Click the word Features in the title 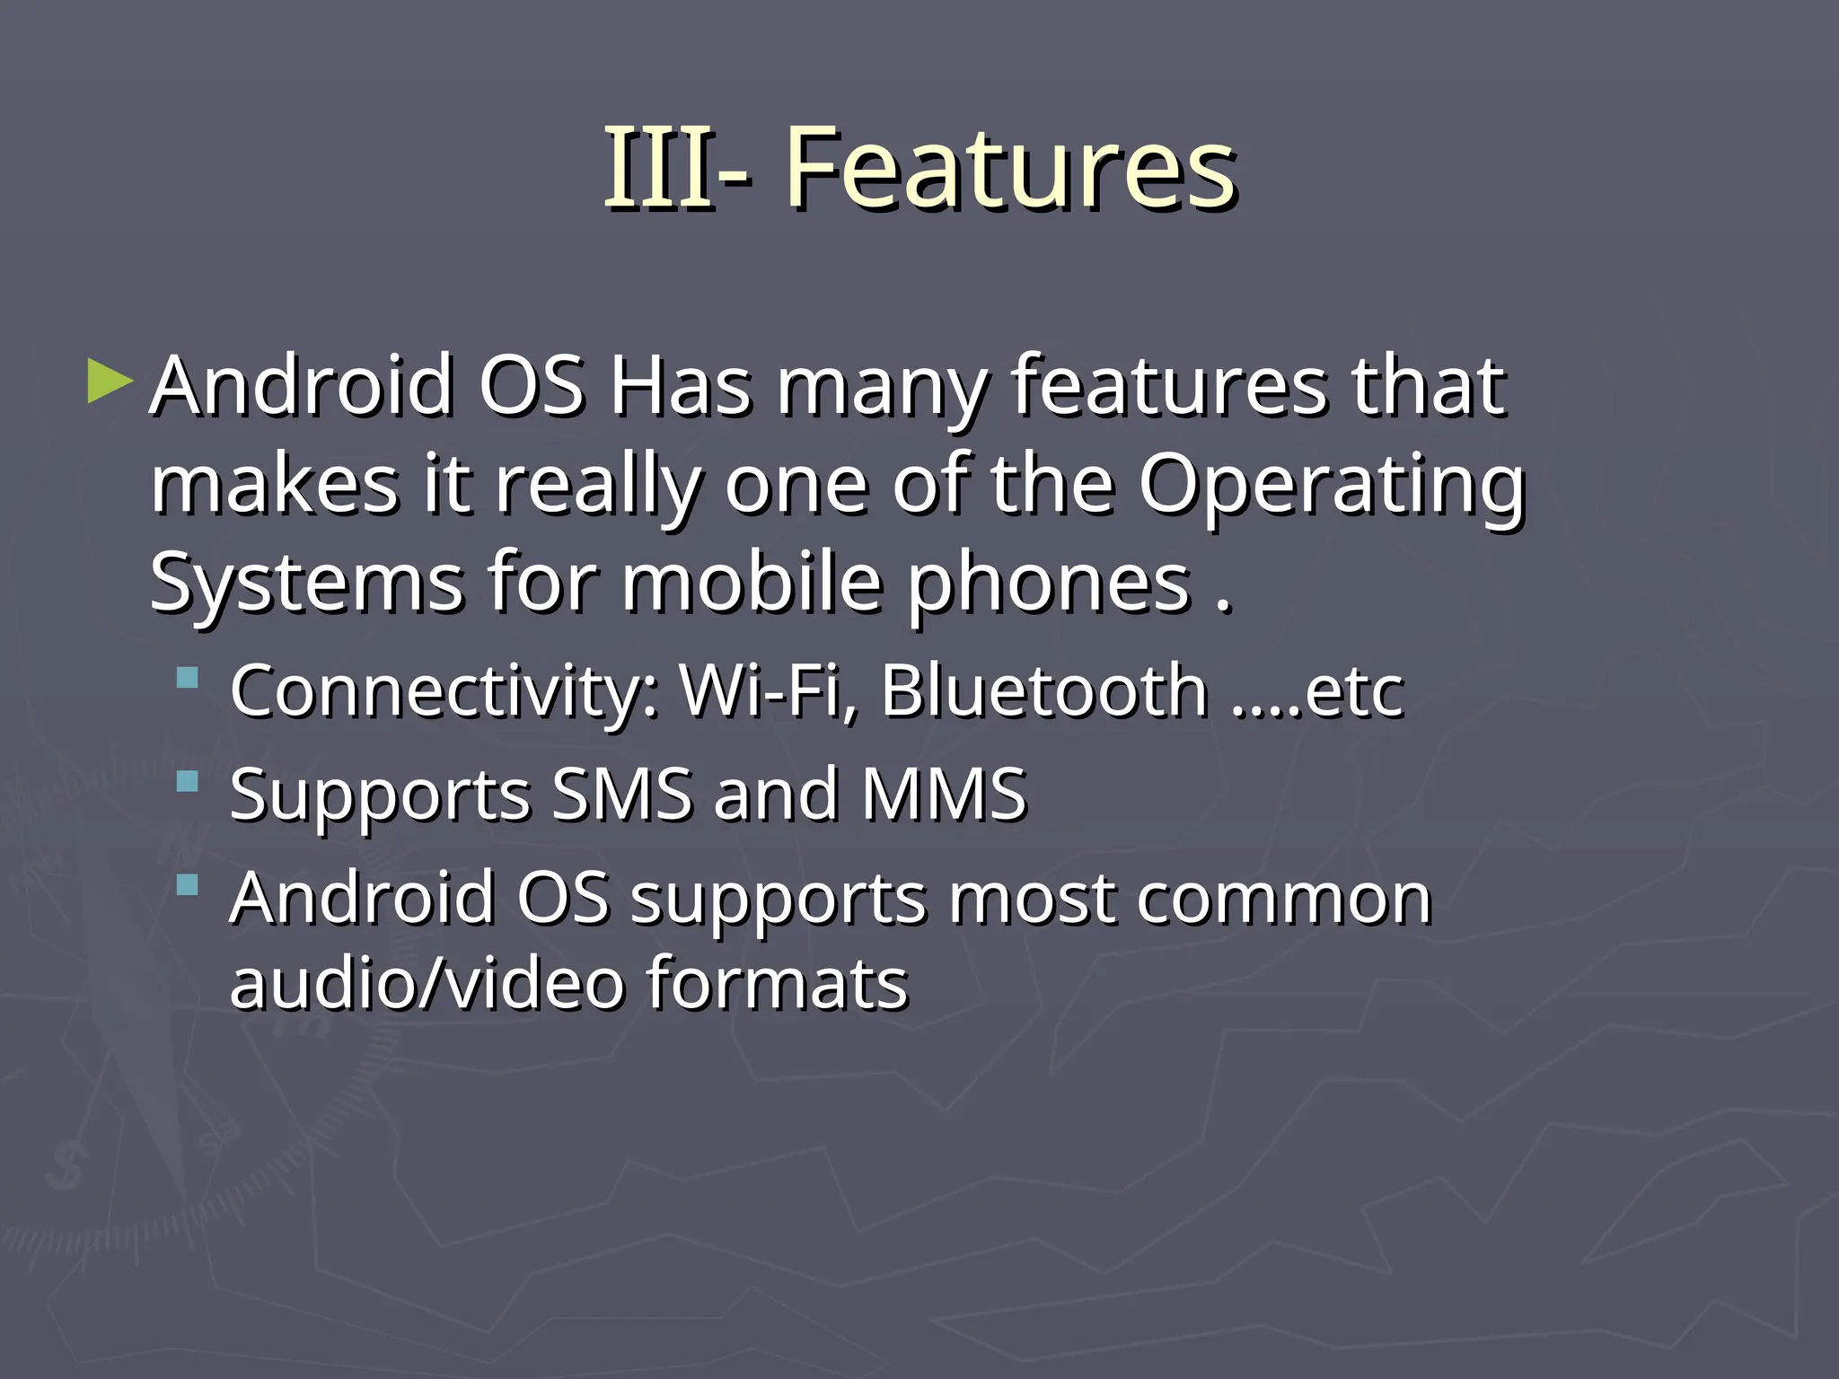coord(1011,169)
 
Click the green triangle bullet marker coord(110,382)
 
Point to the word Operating coord(1332,487)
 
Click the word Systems coord(305,584)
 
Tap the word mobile coord(752,584)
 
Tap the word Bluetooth coord(1043,691)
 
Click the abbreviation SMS coord(621,795)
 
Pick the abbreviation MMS coord(943,795)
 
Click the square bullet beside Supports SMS coord(187,781)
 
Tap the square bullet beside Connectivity coord(187,677)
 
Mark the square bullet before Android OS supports coord(187,885)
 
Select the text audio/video coord(427,983)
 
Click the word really coord(598,487)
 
